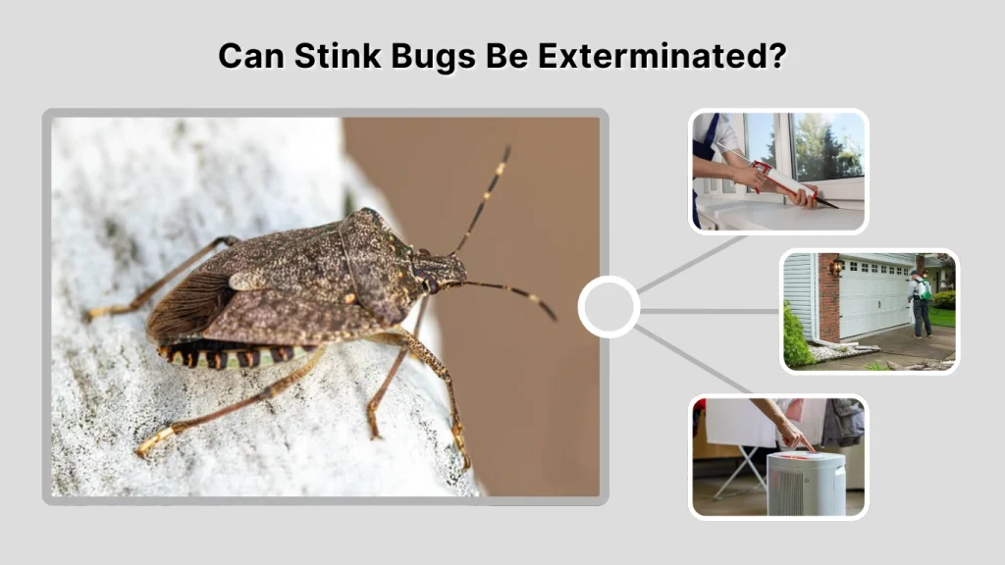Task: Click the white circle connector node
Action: pyautogui.click(x=608, y=307)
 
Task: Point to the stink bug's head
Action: pyautogui.click(x=438, y=268)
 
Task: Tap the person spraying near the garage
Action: pyautogui.click(x=921, y=303)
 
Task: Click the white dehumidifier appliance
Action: pyautogui.click(x=805, y=482)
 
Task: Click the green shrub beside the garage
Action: pyautogui.click(x=797, y=338)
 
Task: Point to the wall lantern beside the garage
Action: pyautogui.click(x=835, y=267)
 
